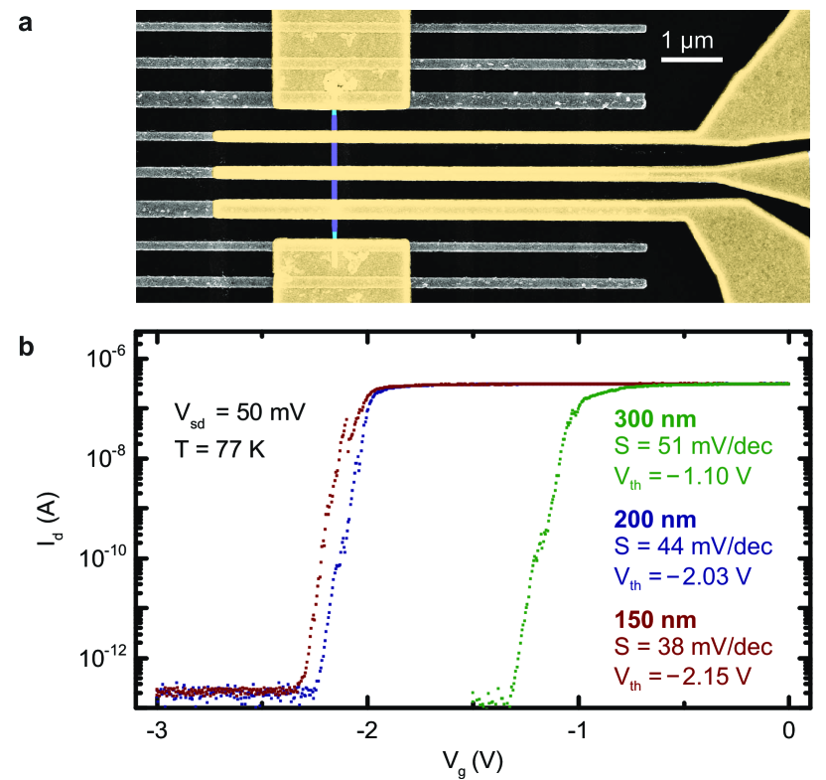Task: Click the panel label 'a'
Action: [26, 22]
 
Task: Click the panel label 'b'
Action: [27, 349]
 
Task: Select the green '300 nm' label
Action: [649, 417]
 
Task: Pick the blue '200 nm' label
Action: [649, 519]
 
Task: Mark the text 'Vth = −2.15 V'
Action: [679, 676]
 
